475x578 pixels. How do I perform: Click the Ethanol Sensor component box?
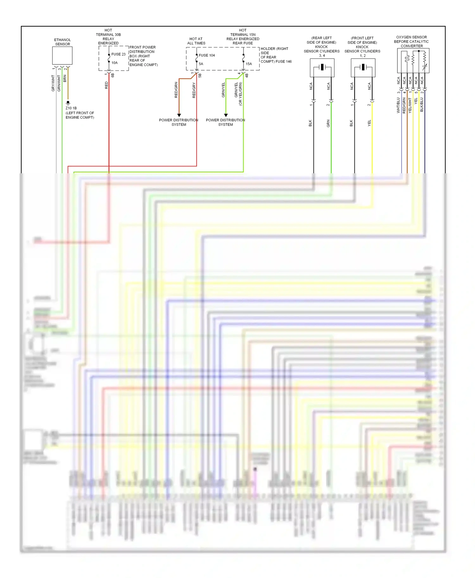pos(62,56)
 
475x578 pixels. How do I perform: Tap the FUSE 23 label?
pos(118,54)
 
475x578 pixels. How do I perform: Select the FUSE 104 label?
pos(206,55)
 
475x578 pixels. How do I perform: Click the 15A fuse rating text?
pos(249,64)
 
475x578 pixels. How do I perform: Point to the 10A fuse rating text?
pos(114,63)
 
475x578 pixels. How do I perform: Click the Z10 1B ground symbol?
pos(68,103)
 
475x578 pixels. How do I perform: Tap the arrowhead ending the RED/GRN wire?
pos(179,115)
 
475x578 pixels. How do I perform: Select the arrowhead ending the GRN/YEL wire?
pos(226,115)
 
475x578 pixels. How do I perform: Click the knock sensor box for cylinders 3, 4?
pos(322,68)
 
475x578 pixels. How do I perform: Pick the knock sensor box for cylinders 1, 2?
pos(363,68)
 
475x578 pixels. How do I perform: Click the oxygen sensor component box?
pos(413,60)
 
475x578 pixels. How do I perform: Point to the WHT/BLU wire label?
pos(398,105)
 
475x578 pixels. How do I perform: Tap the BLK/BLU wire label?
pos(421,105)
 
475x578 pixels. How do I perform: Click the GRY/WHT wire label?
pos(53,83)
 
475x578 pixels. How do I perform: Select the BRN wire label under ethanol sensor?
pos(65,78)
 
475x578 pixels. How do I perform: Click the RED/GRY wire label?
pos(194,90)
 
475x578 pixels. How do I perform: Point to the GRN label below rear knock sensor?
pos(328,123)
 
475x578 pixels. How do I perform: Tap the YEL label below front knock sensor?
pos(369,123)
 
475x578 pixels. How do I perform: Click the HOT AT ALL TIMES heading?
pos(196,41)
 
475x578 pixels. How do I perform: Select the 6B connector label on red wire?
pos(113,75)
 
